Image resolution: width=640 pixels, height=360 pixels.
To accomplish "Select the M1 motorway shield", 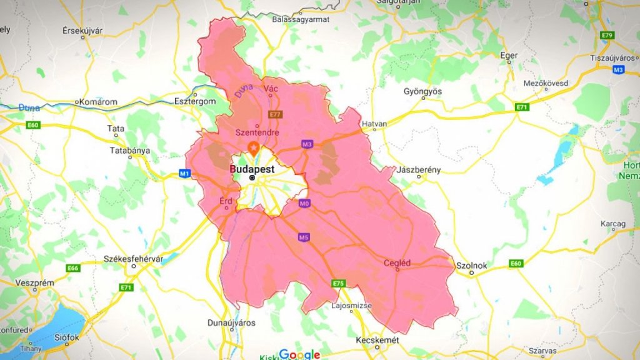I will (x=184, y=173).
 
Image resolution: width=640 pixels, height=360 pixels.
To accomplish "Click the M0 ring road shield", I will (x=304, y=204).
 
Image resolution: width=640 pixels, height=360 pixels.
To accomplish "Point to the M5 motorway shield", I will (x=304, y=237).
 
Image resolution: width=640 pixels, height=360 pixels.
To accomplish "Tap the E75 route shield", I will (x=338, y=284).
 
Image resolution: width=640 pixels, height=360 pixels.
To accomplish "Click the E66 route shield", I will (x=73, y=268).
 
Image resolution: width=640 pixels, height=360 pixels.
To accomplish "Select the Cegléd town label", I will (x=397, y=263).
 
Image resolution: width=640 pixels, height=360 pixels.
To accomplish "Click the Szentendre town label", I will (x=256, y=132).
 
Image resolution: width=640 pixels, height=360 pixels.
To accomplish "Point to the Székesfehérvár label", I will (x=133, y=259).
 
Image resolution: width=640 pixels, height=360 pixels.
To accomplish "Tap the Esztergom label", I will (x=195, y=101).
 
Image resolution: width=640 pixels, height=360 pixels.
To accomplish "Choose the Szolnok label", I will (x=472, y=266).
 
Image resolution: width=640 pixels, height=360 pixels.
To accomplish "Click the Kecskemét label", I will (x=377, y=340).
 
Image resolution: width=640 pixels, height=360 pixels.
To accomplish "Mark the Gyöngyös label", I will (x=422, y=91).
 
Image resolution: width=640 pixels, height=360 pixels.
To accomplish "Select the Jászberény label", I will (x=419, y=170).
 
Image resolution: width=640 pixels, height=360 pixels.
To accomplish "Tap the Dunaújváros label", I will (x=231, y=323).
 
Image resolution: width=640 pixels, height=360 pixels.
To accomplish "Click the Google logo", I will (x=299, y=354).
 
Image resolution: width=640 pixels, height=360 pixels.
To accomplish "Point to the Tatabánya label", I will (x=129, y=151).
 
